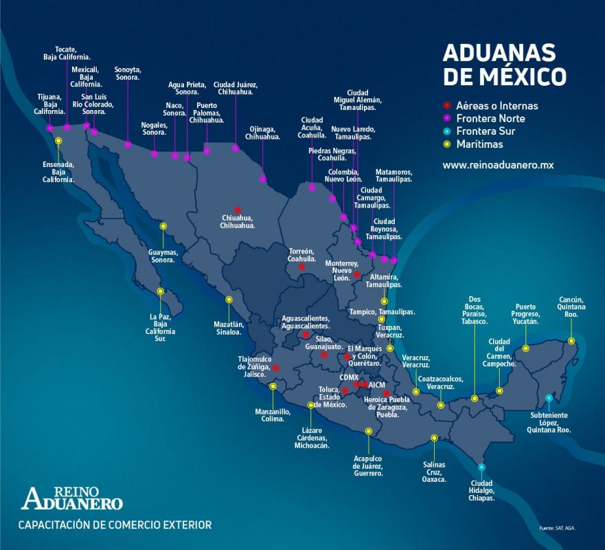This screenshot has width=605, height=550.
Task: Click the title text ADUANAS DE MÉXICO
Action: [504, 65]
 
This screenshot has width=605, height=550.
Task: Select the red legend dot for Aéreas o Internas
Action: [446, 106]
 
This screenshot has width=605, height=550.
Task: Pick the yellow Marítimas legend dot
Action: [446, 144]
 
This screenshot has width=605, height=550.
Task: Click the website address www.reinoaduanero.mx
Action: [497, 165]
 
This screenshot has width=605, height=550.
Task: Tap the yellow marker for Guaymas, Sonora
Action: [163, 226]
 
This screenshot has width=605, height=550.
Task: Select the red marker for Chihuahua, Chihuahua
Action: [237, 210]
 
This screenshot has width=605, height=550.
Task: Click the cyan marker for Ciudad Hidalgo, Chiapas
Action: [481, 467]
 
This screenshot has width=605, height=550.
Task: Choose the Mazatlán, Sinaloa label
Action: [229, 327]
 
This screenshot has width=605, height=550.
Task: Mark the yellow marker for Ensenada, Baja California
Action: [58, 140]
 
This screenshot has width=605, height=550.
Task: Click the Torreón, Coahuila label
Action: [301, 255]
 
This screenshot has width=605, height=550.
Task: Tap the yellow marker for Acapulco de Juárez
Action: [369, 431]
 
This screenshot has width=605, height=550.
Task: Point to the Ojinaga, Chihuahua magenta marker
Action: [262, 179]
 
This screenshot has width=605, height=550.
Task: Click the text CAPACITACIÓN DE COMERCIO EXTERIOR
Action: [115, 525]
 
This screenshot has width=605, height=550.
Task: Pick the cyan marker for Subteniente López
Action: [548, 398]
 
